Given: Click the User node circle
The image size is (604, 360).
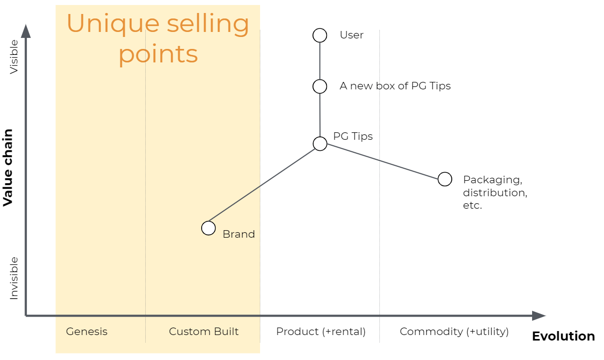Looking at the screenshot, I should [x=320, y=35].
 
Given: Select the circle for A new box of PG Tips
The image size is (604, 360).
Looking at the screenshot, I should [x=320, y=86].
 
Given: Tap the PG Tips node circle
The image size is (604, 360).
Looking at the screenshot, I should [x=320, y=144].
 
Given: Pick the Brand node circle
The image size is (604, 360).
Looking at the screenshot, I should [x=209, y=228].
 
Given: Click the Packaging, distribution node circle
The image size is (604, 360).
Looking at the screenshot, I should [x=445, y=179].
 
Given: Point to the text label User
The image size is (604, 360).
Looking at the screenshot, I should [x=351, y=35].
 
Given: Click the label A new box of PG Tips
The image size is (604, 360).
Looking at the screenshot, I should [x=395, y=86].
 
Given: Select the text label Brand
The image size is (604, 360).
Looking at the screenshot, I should [x=239, y=234].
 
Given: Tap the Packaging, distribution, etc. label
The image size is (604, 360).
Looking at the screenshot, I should [x=495, y=192].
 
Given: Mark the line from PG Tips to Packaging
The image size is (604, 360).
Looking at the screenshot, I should [x=382, y=162].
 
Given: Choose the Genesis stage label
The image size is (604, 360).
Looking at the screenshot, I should [x=87, y=332].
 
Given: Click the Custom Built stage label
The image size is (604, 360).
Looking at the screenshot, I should [x=204, y=332].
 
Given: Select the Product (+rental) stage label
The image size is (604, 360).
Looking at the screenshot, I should [x=321, y=332].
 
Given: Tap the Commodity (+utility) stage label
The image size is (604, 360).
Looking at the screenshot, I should [x=454, y=332].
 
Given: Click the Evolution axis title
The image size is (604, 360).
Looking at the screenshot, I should [x=563, y=337].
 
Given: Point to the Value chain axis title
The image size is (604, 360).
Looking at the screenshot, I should [x=8, y=167].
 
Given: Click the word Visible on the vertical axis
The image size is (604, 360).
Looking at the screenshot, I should [x=14, y=56].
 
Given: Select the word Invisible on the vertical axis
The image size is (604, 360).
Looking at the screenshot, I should [x=14, y=278].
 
